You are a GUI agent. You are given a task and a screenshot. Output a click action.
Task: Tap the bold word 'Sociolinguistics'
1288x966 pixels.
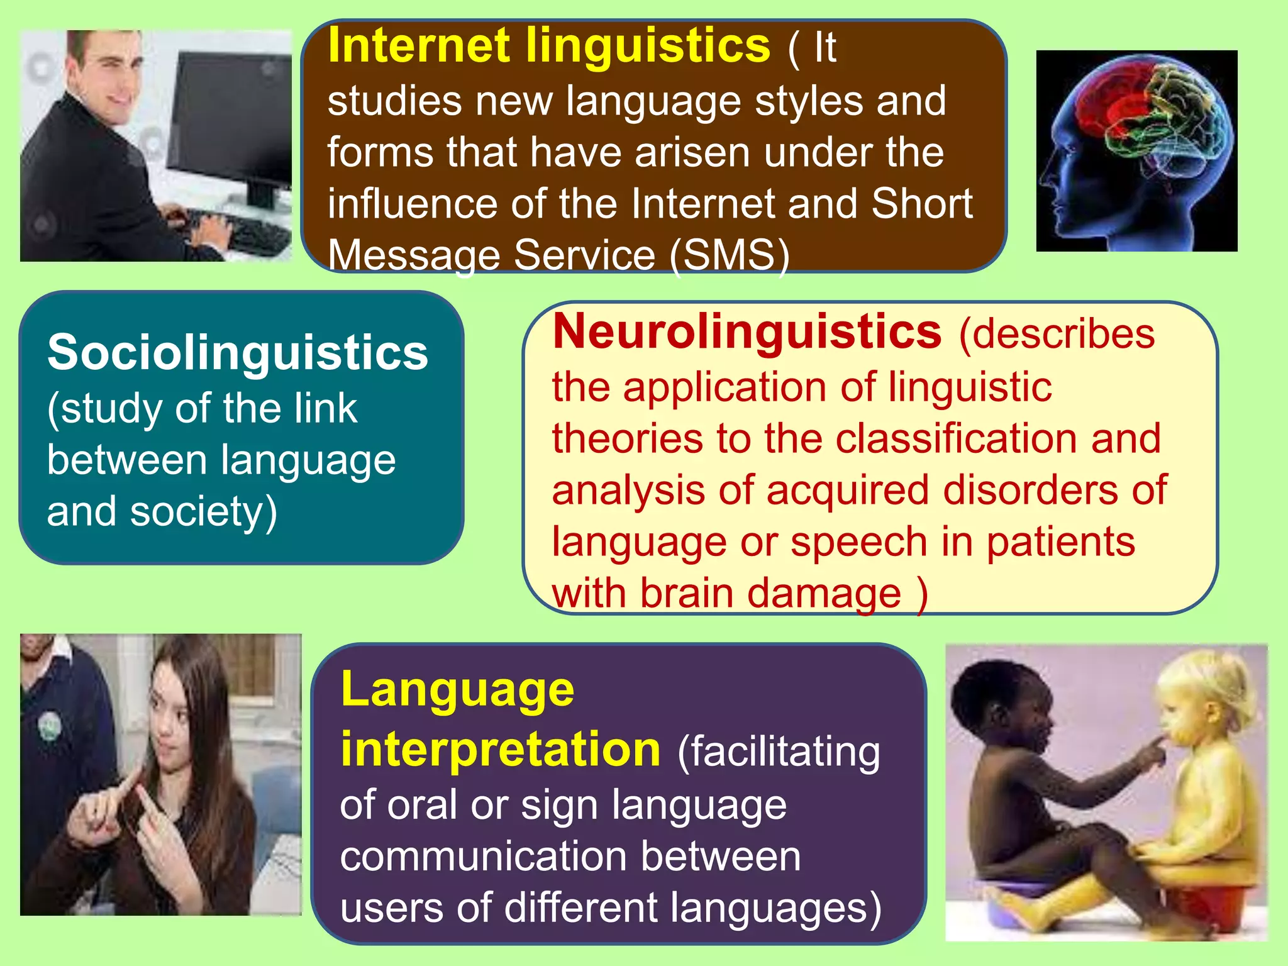pos(238,352)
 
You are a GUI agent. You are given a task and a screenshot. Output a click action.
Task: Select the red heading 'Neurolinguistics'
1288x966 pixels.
pos(747,332)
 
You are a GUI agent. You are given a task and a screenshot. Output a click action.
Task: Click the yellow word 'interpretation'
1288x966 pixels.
pos(501,750)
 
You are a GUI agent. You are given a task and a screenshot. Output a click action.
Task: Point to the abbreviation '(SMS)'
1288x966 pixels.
pos(730,255)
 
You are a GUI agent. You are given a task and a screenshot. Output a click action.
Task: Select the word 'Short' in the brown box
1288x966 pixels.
pos(922,204)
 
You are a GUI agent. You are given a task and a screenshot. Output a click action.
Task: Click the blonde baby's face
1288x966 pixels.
pos(1182,723)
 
